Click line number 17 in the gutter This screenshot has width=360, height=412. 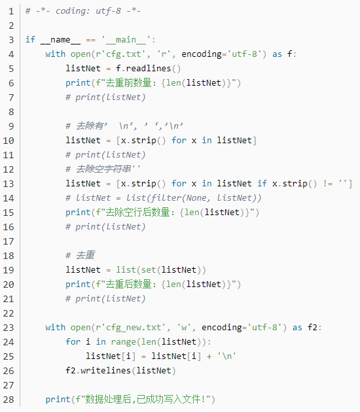(x=9, y=241)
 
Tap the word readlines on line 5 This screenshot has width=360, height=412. (x=149, y=69)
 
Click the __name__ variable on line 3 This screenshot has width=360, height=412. (x=60, y=40)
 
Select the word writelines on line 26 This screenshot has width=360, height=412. (x=105, y=371)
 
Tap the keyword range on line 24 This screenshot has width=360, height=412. (x=123, y=342)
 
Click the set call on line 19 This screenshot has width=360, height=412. (x=149, y=270)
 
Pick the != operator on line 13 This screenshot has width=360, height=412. (x=328, y=184)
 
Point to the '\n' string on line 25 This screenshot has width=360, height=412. (x=226, y=356)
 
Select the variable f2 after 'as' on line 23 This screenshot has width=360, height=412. (x=313, y=328)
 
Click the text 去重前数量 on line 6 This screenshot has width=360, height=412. (x=128, y=83)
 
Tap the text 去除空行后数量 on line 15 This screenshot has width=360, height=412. (x=137, y=213)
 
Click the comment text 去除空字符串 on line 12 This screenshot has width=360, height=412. (x=103, y=169)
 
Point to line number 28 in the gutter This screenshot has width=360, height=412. (x=9, y=400)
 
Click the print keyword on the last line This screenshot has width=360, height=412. (x=58, y=400)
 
